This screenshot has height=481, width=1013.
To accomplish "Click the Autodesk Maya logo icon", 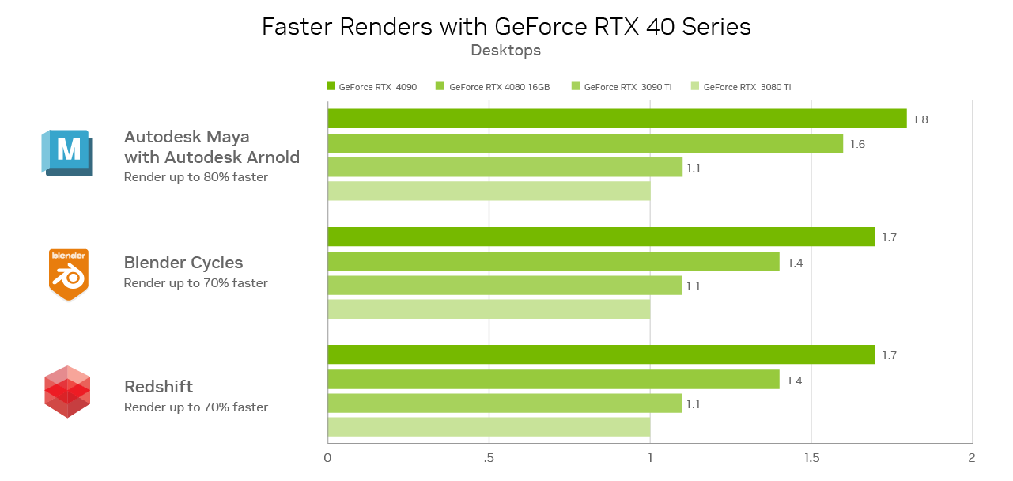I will tap(66, 151).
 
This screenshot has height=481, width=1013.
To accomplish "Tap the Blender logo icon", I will tap(69, 275).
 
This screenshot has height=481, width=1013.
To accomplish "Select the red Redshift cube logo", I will tap(66, 392).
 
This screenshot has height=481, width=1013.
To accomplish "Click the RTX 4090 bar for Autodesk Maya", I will tap(617, 119).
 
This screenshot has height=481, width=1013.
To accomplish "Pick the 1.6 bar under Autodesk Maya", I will tap(585, 144).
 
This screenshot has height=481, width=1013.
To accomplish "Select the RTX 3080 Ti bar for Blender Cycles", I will tap(489, 309).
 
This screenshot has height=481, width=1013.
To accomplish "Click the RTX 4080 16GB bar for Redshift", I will tap(554, 380).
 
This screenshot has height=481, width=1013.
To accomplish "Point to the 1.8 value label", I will tap(920, 119).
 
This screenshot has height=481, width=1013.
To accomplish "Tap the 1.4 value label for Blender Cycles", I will tap(795, 263).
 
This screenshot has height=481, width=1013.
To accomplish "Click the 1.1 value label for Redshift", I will tap(693, 404).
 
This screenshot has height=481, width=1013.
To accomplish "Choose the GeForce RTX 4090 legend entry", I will tap(372, 87).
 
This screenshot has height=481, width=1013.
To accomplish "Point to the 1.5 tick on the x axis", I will tap(811, 458).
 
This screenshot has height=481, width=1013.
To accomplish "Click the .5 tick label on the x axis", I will tap(489, 458).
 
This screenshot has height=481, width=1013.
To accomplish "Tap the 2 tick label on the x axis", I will tap(972, 458).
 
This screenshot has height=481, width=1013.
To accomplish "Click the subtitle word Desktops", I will tap(506, 51).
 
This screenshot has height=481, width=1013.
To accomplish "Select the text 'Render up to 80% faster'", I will tap(195, 177).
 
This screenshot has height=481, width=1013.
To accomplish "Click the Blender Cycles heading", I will tap(183, 263).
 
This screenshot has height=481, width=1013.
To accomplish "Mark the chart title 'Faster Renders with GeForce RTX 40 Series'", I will tap(506, 27).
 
